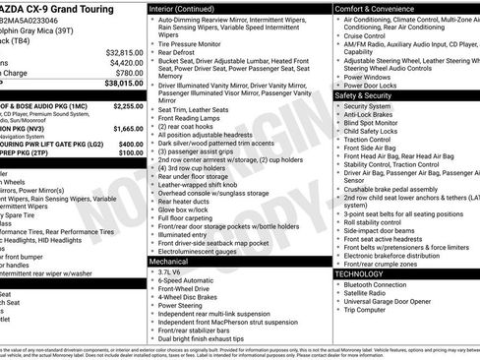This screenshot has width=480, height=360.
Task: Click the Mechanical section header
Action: coord(175,263)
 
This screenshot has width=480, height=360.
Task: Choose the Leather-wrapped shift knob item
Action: coord(203,184)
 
